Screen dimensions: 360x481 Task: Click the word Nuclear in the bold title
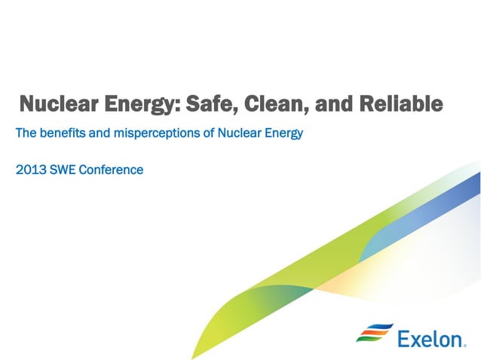tap(54, 104)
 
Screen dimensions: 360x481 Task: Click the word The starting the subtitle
tap(26, 134)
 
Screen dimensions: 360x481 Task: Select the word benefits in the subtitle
tap(64, 134)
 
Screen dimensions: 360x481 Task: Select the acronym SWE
tap(63, 169)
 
